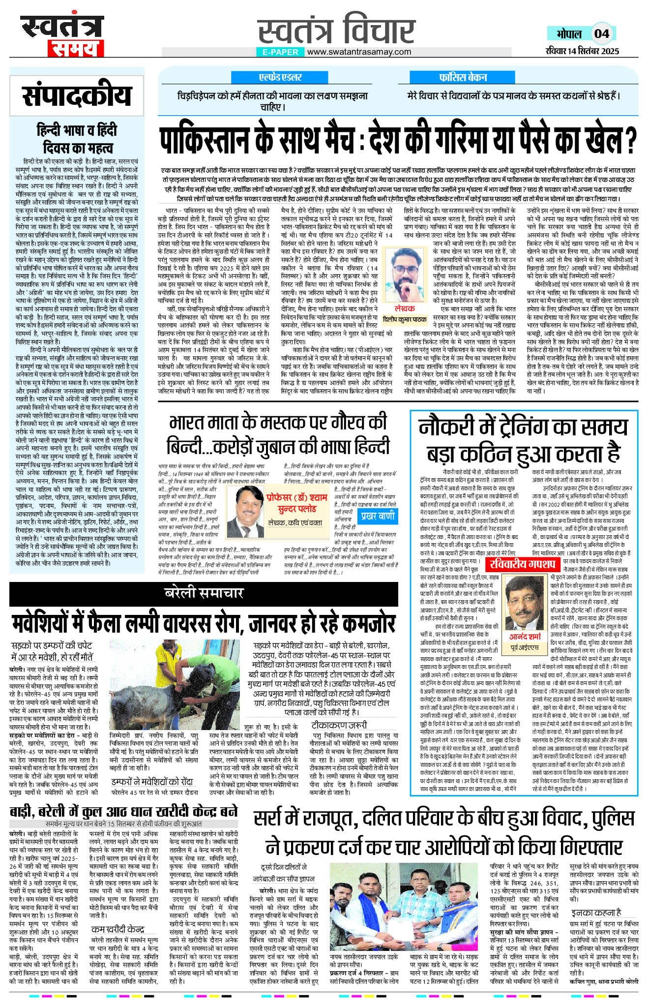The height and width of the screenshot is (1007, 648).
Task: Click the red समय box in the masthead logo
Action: pyautogui.click(x=76, y=49)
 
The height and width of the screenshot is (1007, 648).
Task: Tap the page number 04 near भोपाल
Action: pyautogui.click(x=601, y=34)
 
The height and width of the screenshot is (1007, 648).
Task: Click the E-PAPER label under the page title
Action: pyautogui.click(x=280, y=52)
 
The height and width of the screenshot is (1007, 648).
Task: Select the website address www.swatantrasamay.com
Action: pyautogui.click(x=359, y=52)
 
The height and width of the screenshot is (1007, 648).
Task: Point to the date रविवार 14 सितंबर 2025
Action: pyautogui.click(x=582, y=51)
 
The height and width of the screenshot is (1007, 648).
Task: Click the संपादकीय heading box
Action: pyautogui.click(x=77, y=95)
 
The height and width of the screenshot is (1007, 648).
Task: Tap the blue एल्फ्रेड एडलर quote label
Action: pyautogui.click(x=280, y=77)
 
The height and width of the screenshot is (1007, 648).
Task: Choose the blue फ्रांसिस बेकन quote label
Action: pyautogui.click(x=463, y=77)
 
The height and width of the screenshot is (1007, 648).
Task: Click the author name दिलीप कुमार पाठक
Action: pyautogui.click(x=405, y=319)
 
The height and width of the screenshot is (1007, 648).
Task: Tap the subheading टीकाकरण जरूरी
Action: pyautogui.click(x=339, y=725)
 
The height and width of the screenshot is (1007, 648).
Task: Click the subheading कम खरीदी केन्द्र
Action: pyautogui.click(x=118, y=929)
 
